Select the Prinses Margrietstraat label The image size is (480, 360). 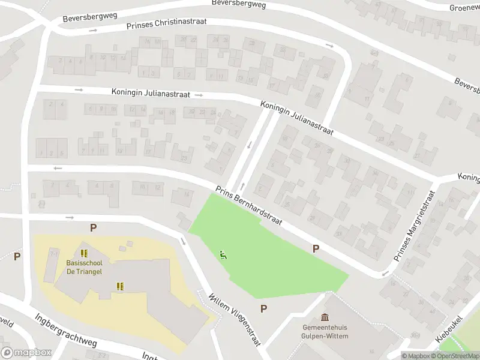coord(415,226)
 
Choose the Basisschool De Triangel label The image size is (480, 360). coord(84,267)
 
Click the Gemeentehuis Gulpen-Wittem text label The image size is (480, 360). coord(325,332)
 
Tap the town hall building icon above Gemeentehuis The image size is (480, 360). coord(325,317)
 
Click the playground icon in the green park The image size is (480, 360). coord(224,255)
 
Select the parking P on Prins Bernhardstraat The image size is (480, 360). coord(316,248)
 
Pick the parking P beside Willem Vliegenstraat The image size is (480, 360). coord(263,308)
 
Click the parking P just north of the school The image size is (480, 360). coord(93,227)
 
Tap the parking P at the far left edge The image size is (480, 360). coord(17,256)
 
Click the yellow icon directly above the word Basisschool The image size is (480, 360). coord(84,253)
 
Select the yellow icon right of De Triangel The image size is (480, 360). coord(121,286)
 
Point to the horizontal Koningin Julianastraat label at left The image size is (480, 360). coord(151,94)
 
